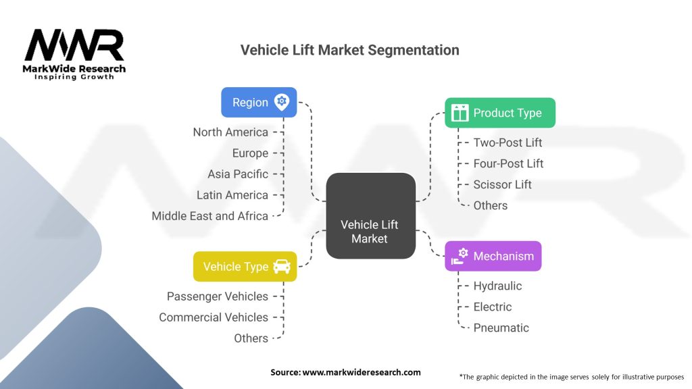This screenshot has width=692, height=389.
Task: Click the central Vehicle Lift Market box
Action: pos(371,215)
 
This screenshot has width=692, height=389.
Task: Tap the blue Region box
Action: pos(259,103)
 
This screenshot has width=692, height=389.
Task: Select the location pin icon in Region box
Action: pos(282,102)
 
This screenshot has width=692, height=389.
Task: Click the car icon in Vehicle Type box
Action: pos(282,266)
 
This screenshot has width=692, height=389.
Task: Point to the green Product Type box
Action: pos(500,113)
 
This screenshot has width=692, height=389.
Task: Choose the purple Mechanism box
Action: pos(493,256)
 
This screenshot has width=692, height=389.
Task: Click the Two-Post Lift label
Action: pos(508,142)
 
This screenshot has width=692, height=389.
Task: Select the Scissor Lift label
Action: pos(502,184)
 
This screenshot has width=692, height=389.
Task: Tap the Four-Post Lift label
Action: pos(508,163)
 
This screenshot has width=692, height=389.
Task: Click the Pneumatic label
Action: pos(501,328)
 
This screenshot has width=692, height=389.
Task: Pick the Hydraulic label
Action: pos(497,286)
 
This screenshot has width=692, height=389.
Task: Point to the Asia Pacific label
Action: pos(238,174)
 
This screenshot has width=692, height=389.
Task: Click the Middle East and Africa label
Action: pos(210,216)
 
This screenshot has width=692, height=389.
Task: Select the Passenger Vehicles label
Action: pos(218,296)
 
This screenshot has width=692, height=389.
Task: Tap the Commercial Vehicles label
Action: pos(214,317)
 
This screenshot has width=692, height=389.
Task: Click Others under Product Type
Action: pos(491,205)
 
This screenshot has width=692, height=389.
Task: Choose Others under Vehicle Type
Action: pos(251,338)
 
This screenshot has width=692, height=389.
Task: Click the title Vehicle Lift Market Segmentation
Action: pos(349,50)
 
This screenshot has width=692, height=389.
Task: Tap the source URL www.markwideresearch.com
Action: pos(362,372)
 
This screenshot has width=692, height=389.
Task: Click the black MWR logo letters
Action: pos(74,45)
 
